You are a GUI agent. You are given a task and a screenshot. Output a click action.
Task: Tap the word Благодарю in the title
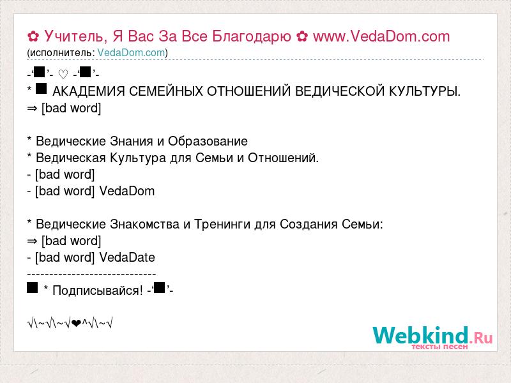point(251,37)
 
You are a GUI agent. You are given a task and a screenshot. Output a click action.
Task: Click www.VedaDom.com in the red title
point(381,36)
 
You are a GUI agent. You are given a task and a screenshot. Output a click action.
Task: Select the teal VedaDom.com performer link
point(131,53)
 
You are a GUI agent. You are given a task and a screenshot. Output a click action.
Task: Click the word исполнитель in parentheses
point(61,53)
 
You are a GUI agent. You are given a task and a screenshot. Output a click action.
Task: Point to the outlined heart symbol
point(63,75)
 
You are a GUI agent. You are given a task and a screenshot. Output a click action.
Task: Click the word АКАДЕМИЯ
point(89,91)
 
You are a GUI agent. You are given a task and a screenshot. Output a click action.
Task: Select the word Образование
point(208,141)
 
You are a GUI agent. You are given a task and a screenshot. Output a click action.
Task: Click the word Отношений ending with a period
point(283,158)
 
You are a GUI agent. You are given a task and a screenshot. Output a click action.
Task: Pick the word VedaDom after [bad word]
point(126,191)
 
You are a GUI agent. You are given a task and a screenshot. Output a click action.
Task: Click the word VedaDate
point(127,258)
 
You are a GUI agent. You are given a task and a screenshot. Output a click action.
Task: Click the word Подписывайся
point(98,290)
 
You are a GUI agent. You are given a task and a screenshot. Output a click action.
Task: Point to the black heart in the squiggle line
point(76,324)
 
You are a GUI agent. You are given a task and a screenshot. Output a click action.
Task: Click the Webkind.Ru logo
point(432,338)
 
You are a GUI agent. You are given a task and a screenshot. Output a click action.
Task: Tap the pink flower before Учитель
point(33,36)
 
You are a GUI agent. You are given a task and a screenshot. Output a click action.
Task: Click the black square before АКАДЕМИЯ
point(41,89)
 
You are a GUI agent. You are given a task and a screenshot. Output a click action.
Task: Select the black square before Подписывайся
point(33,288)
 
